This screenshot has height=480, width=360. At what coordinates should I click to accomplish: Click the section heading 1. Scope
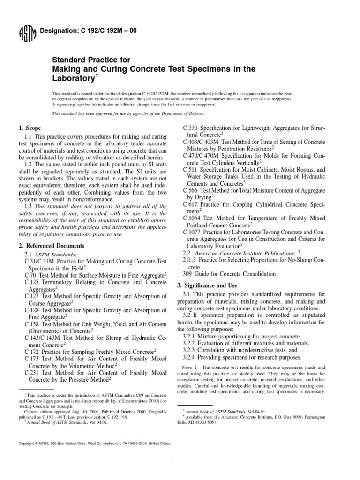pyautogui.click(x=29, y=128)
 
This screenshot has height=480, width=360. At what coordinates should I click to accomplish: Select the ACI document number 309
pyautogui.click(x=188, y=274)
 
